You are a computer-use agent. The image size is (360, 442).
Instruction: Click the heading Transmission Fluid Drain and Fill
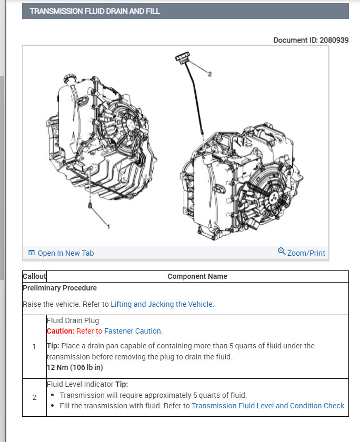(95, 11)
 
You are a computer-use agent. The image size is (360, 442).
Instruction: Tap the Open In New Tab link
(65, 253)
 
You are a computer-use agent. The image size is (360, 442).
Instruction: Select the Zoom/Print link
(306, 253)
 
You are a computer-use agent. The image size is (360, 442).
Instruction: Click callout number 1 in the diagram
(108, 227)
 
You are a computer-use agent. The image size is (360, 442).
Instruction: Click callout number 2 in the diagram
(209, 74)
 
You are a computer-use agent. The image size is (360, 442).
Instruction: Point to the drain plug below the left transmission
(91, 205)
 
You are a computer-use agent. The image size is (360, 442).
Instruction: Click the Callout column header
(34, 276)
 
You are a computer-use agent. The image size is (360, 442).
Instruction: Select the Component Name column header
(197, 276)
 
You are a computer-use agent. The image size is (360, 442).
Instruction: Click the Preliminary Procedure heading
(59, 288)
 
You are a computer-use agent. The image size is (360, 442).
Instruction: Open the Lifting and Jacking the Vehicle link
(162, 304)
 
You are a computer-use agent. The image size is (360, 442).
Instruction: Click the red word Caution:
(61, 331)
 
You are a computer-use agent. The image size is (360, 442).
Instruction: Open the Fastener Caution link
(133, 331)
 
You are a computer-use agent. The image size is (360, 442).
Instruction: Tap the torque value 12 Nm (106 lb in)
(75, 368)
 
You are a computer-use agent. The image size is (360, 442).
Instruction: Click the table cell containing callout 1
(34, 347)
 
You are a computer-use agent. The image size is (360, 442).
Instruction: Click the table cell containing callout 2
(34, 397)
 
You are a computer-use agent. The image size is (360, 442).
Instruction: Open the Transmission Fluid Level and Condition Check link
(268, 406)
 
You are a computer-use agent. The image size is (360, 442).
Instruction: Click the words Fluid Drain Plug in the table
(73, 320)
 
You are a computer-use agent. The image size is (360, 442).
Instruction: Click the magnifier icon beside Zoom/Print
(282, 251)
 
